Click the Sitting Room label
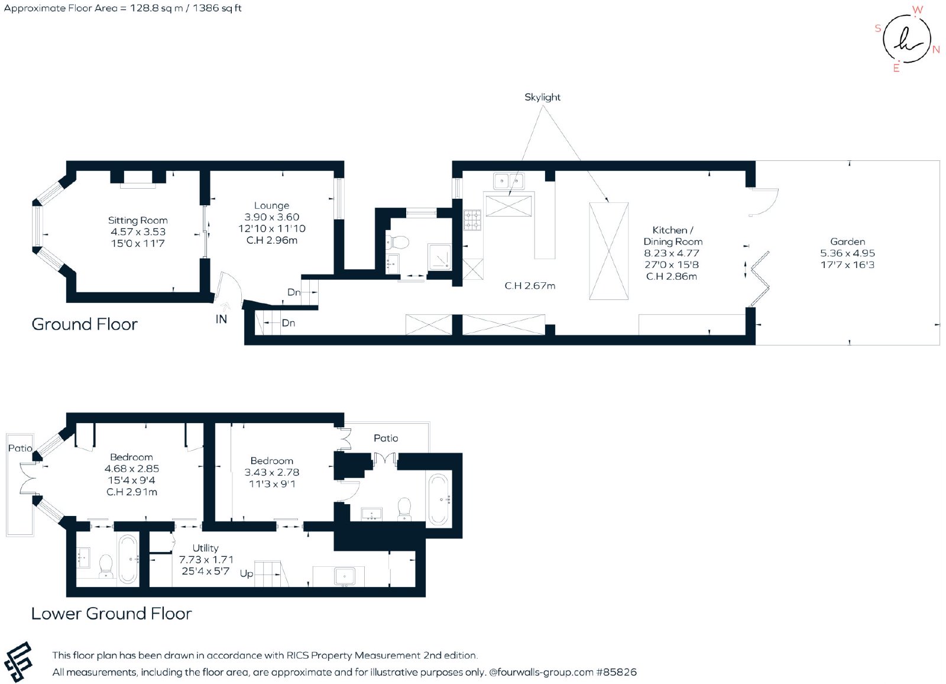(138, 220)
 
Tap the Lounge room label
(271, 205)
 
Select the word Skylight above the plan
(542, 97)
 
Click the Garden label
(847, 241)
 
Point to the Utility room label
(205, 548)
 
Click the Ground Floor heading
(85, 324)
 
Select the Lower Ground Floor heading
(112, 614)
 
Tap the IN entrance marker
(221, 319)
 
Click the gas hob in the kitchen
(472, 220)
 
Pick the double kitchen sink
(508, 181)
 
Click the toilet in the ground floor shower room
(398, 243)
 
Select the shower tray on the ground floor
(440, 257)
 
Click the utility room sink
(345, 576)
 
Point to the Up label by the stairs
(246, 574)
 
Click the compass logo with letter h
(906, 39)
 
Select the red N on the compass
(937, 50)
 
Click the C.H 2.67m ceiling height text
(530, 286)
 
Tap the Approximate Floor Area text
(122, 8)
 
